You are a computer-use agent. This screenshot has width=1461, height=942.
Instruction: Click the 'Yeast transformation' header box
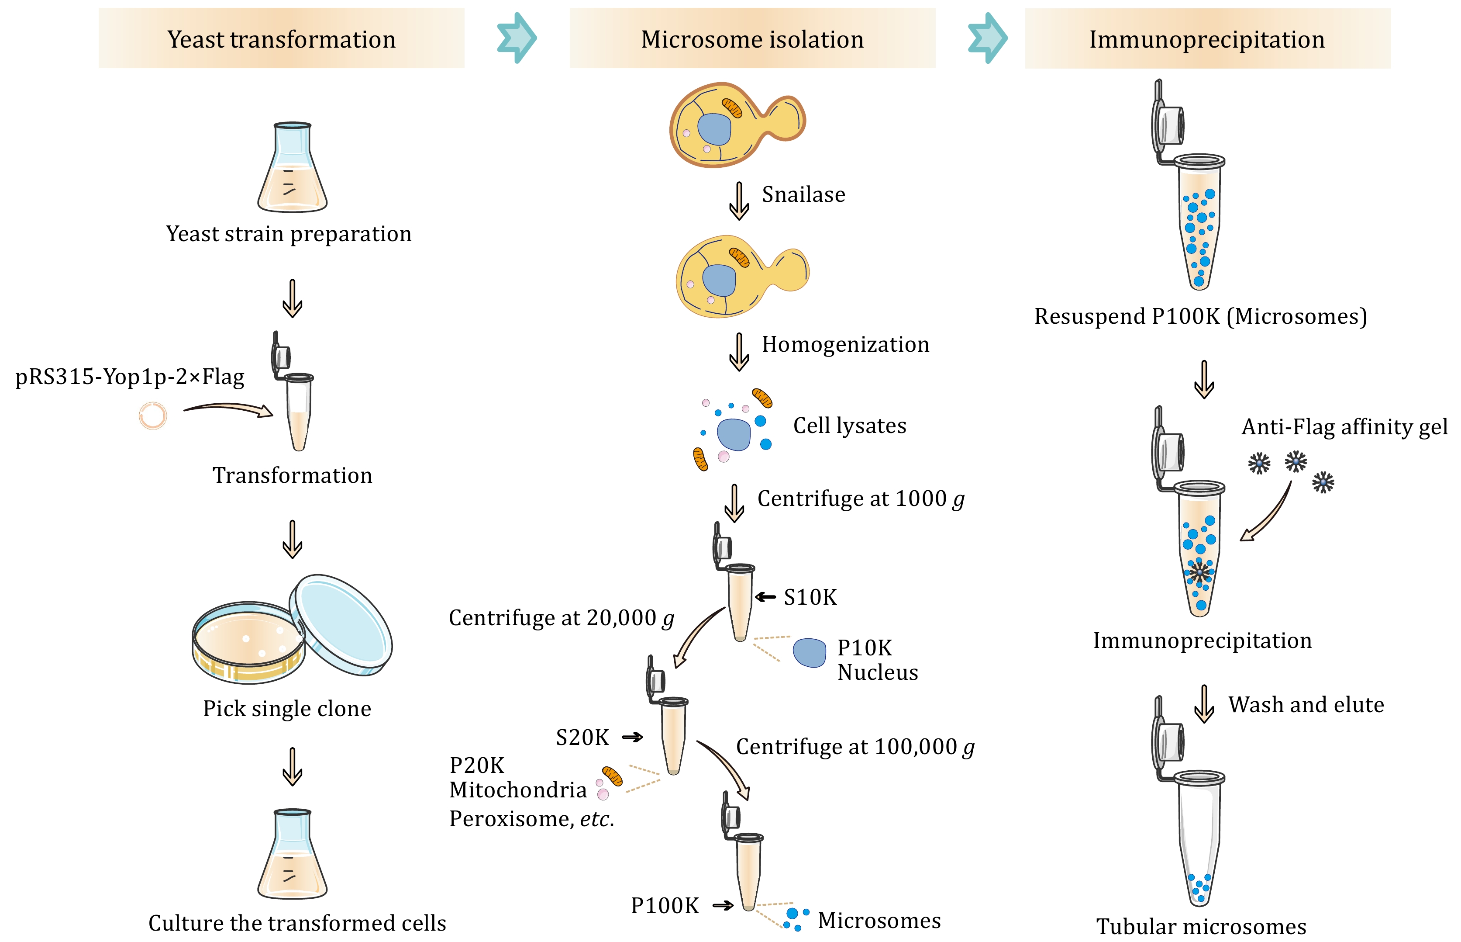(281, 38)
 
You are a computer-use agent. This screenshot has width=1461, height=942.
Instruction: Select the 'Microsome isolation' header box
(752, 38)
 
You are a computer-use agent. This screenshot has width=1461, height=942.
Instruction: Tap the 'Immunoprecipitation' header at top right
(1207, 38)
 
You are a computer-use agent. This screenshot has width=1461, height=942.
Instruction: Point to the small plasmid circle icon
(152, 416)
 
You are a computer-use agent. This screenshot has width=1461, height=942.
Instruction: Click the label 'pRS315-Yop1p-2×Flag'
(130, 376)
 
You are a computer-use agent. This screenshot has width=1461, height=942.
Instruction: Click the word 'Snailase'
(803, 194)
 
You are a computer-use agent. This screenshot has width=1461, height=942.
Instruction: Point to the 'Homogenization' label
(845, 344)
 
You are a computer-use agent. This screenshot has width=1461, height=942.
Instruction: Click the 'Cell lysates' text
(850, 426)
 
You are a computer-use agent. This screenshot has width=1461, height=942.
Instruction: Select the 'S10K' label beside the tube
(810, 597)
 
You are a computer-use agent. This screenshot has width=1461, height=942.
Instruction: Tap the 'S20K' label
(582, 738)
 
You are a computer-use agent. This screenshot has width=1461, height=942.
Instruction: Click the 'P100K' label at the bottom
(665, 906)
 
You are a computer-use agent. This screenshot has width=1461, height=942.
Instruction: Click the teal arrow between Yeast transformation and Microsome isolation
(517, 38)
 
